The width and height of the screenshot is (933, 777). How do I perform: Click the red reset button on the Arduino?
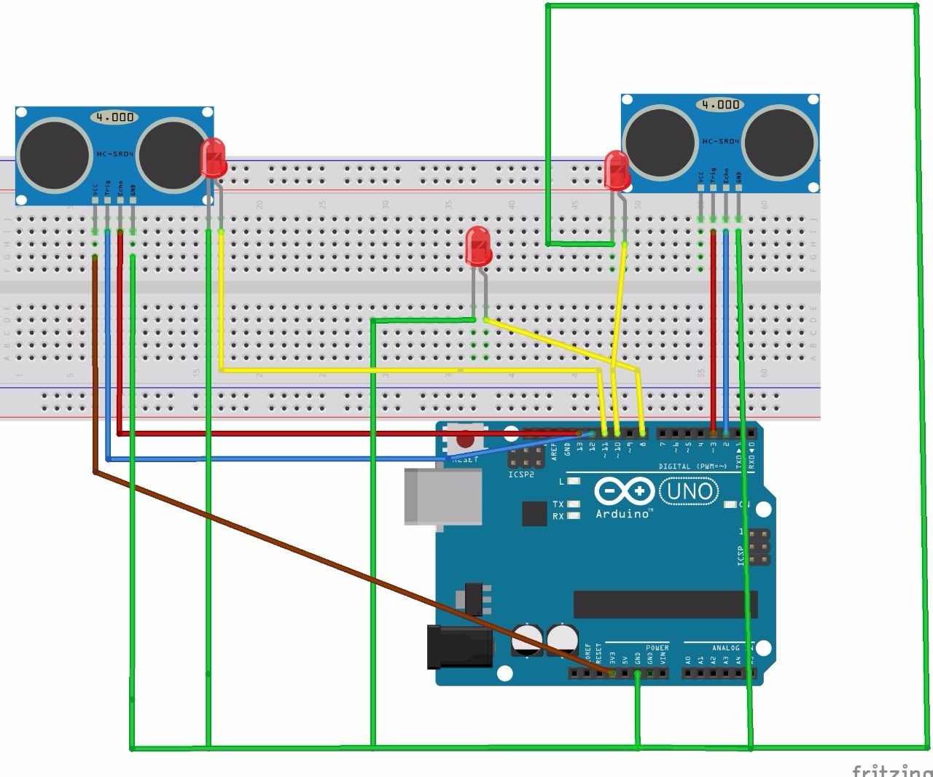[464, 440]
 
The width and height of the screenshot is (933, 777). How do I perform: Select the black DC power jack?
[459, 646]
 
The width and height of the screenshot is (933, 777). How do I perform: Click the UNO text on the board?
[689, 491]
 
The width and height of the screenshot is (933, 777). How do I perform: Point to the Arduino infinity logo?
[624, 491]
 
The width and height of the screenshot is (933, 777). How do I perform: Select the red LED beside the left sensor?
[214, 158]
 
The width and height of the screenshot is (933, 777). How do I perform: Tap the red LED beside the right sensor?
[617, 170]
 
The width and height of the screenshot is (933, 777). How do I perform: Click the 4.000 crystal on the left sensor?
[115, 117]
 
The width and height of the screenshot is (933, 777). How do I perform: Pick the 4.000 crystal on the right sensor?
[720, 104]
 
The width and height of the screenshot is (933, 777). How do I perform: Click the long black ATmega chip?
[665, 604]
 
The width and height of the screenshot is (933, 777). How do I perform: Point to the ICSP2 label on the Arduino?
[521, 475]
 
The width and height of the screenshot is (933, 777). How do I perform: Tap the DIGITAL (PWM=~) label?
[692, 466]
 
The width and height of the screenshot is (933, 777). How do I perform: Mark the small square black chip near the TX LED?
[534, 514]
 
